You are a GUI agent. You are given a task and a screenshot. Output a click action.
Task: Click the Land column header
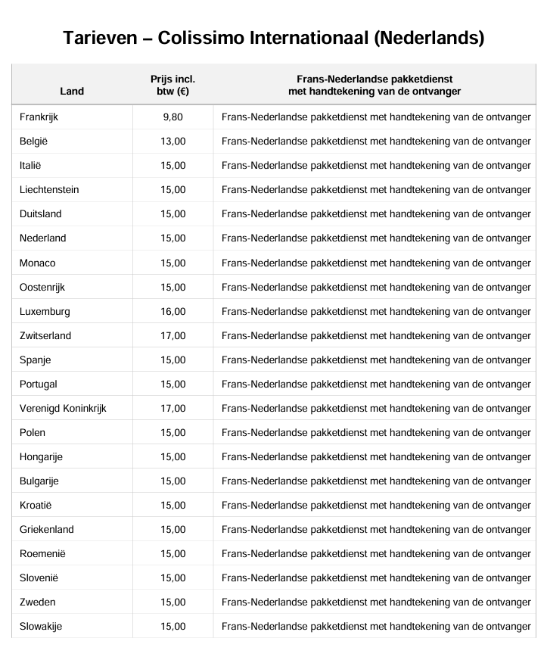pyautogui.click(x=72, y=92)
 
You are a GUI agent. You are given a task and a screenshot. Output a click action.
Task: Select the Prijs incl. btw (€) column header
pyautogui.click(x=172, y=85)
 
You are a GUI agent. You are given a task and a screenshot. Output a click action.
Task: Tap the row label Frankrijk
pyautogui.click(x=39, y=117)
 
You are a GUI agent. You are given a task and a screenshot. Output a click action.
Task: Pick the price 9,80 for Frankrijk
pyautogui.click(x=172, y=117)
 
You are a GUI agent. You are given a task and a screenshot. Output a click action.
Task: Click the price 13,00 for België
pyautogui.click(x=172, y=142)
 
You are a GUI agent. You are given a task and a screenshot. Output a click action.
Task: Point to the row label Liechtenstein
pyautogui.click(x=49, y=190)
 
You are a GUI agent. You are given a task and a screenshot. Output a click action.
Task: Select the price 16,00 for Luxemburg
pyautogui.click(x=172, y=311)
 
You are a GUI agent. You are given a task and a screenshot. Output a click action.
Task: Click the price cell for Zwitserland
pyautogui.click(x=172, y=335)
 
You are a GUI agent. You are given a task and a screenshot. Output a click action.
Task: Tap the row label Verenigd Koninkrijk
pyautogui.click(x=63, y=408)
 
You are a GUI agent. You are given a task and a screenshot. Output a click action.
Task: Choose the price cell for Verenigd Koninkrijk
pyautogui.click(x=172, y=408)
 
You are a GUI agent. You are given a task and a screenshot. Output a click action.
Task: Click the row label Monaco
pyautogui.click(x=38, y=263)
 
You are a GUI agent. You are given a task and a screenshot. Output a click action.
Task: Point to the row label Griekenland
pyautogui.click(x=47, y=529)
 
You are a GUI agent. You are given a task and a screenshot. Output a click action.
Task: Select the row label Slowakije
pyautogui.click(x=41, y=626)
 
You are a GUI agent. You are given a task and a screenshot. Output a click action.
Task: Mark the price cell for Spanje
pyautogui.click(x=172, y=360)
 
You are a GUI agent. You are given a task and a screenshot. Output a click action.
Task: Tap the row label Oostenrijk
pyautogui.click(x=42, y=287)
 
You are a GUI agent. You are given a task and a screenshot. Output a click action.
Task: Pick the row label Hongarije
pyautogui.click(x=41, y=456)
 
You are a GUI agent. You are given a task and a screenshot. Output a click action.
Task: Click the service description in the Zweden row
pyautogui.click(x=376, y=602)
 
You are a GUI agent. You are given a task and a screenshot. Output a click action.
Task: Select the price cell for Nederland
pyautogui.click(x=172, y=238)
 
